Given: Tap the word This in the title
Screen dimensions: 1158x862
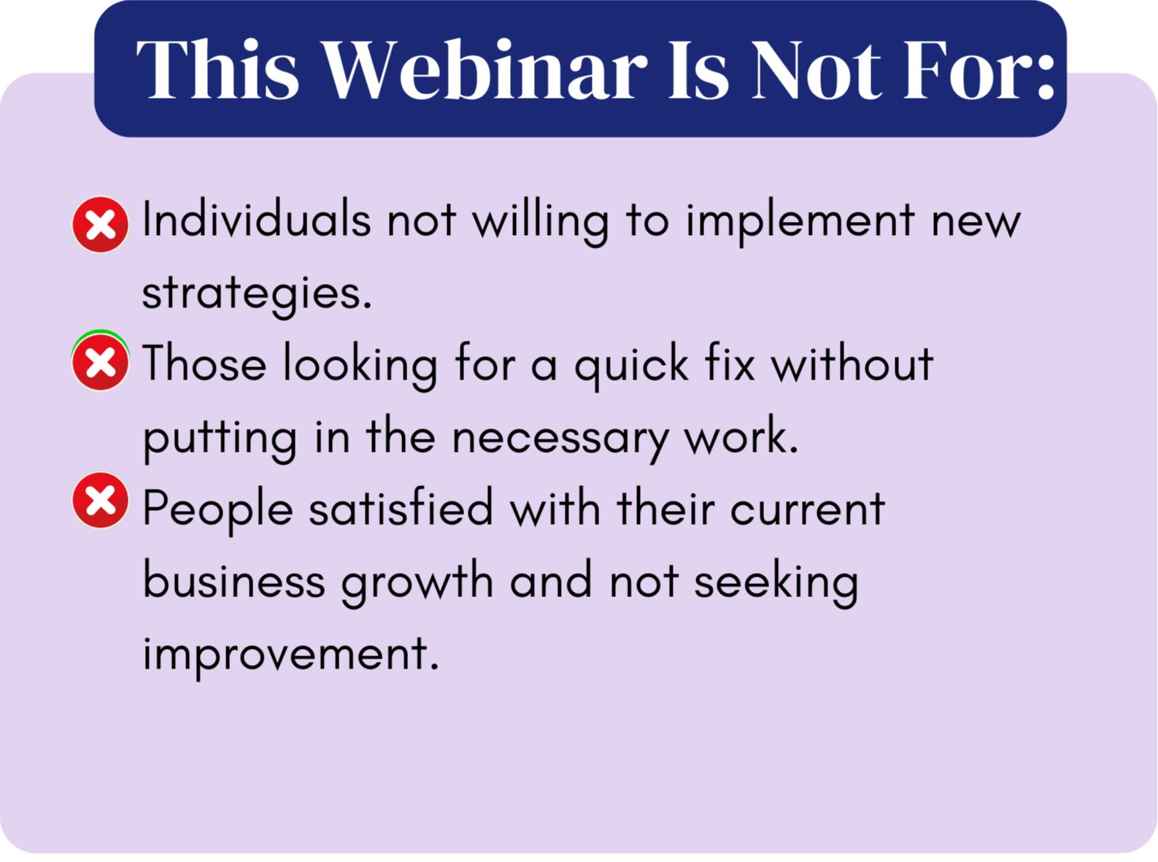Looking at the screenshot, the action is click(217, 69).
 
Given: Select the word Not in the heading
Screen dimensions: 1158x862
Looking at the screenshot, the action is click(816, 69).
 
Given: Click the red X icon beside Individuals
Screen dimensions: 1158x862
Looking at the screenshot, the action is click(100, 225).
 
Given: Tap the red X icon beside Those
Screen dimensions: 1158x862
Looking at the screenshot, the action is click(100, 362).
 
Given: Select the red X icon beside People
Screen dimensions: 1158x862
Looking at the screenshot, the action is click(100, 501).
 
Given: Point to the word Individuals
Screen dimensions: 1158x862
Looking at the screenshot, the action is click(256, 220).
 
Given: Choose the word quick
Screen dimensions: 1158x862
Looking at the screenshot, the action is click(632, 366).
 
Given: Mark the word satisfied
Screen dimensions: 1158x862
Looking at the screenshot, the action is click(401, 508).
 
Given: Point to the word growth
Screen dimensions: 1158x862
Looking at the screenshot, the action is click(417, 584).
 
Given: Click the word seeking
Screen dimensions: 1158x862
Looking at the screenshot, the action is click(776, 584).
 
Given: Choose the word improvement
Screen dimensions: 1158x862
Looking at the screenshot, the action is click(290, 656).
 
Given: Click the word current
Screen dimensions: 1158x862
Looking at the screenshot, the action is click(808, 509).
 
